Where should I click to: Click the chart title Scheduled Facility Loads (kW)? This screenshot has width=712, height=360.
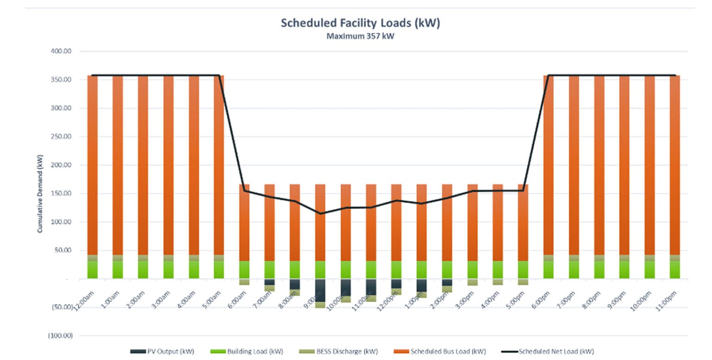tap(360, 23)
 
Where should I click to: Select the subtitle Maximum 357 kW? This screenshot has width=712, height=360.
tap(360, 36)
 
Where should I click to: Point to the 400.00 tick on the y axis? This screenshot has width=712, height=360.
tap(61, 51)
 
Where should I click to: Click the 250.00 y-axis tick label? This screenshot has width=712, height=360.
tap(61, 137)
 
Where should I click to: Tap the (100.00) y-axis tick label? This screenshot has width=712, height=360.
tap(61, 335)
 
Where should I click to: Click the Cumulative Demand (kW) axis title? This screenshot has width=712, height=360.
tap(40, 193)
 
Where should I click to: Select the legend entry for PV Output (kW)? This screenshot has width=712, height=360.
tap(162, 351)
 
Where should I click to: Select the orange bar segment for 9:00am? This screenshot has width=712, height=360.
tap(320, 222)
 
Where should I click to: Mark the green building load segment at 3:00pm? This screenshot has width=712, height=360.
tap(472, 270)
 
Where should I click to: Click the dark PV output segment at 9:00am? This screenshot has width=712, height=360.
tap(320, 290)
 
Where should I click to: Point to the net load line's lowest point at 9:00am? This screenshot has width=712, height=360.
tap(320, 214)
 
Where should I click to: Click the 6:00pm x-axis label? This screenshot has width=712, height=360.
tap(545, 295)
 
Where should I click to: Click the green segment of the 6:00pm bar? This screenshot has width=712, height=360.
tap(548, 270)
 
